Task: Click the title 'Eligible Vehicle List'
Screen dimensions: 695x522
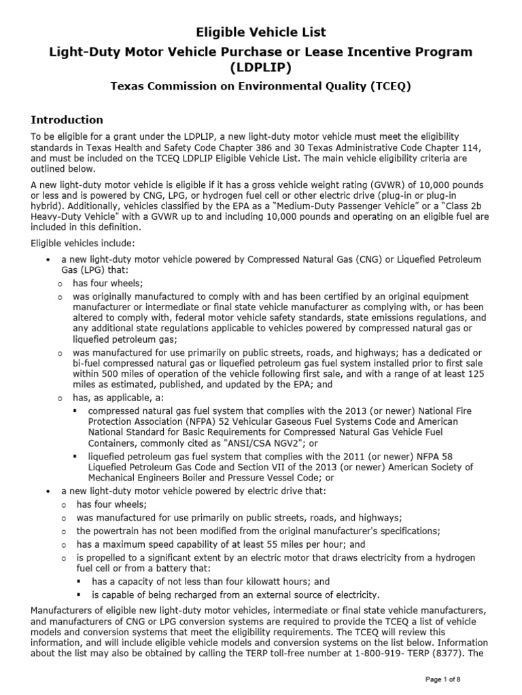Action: (261, 32)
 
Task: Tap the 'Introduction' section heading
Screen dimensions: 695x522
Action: (67, 120)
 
